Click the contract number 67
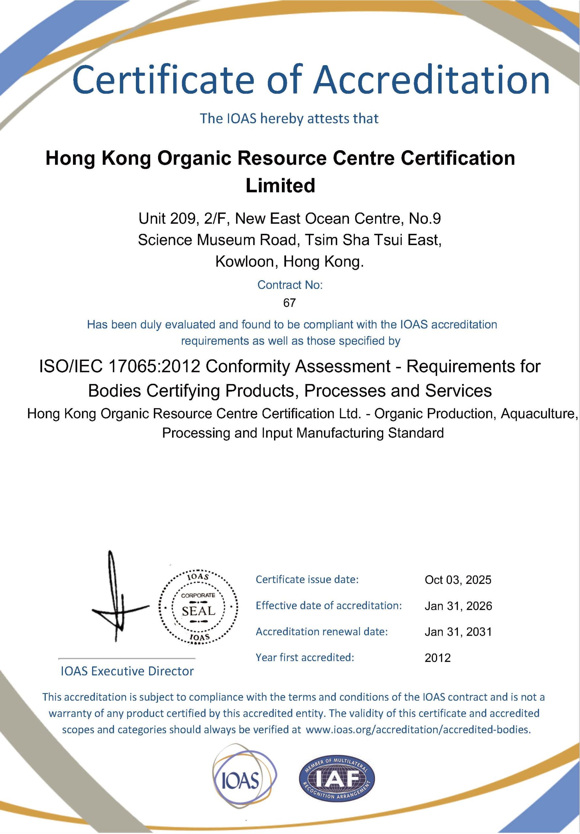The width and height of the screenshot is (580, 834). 290,303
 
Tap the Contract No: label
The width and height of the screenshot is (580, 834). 290,285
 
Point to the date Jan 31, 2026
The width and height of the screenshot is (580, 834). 458,606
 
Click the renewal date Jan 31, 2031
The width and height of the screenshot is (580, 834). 458,632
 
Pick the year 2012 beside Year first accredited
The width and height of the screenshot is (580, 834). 438,658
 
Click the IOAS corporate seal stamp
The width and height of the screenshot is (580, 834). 198,611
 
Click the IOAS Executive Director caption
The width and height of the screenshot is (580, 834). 127,671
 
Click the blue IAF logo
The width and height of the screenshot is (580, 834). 337,780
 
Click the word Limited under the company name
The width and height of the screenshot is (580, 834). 280,186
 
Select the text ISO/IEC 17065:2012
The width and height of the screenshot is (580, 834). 120,367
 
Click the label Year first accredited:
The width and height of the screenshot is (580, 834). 305,657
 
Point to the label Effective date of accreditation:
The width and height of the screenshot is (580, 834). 328,606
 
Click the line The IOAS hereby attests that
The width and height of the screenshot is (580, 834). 290,118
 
